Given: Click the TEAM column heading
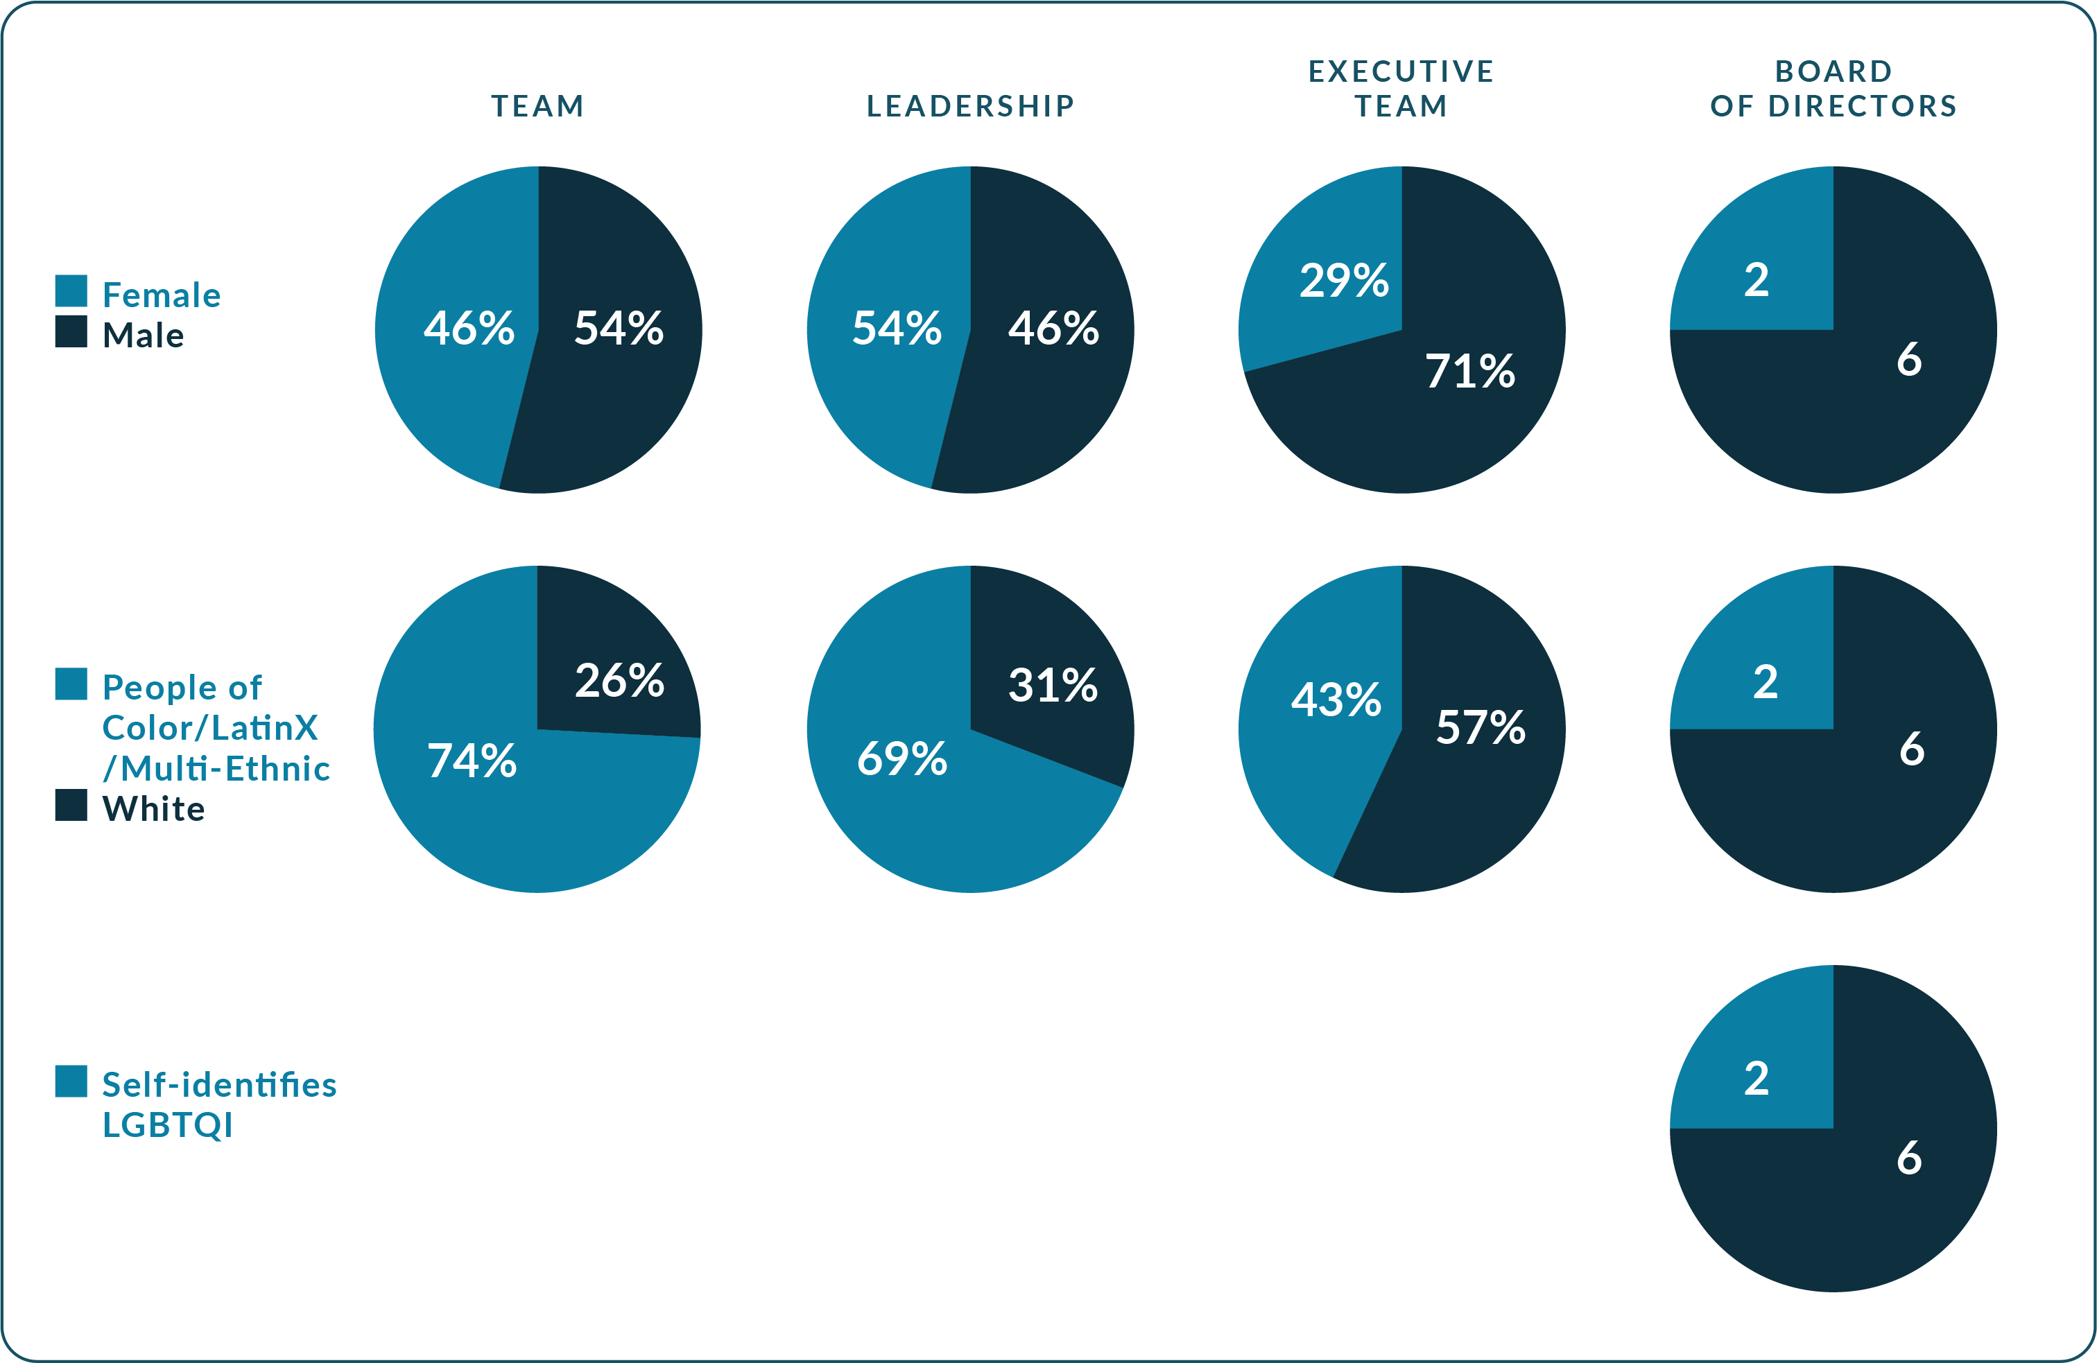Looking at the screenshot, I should [537, 106].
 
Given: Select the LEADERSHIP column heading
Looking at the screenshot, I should [970, 106].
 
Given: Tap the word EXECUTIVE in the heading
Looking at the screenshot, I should [1401, 71].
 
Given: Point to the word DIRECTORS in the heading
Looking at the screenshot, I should [1863, 106].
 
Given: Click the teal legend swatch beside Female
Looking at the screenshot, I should [71, 290].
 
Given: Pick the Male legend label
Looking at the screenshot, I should [143, 336].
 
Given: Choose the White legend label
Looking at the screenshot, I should [153, 809].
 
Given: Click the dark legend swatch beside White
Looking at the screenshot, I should [71, 804].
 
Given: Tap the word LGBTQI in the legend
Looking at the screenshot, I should [167, 1125].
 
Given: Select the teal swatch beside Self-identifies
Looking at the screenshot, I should [71, 1081].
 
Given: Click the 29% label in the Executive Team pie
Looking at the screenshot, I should [1344, 280].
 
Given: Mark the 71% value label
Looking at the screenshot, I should [1469, 371].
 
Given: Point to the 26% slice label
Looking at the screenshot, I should [619, 680].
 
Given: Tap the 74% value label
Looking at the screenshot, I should [472, 761].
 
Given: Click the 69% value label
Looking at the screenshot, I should [902, 758].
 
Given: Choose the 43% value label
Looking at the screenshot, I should [1336, 700].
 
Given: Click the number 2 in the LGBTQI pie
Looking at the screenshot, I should [1756, 1079].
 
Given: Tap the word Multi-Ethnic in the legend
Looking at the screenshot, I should [225, 769].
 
